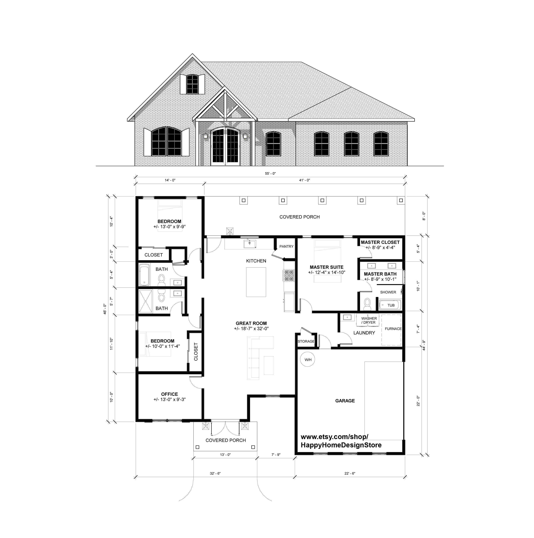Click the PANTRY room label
coord(286,246)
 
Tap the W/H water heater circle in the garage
coord(308,360)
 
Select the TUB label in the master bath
coord(391,305)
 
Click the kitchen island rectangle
coord(256,282)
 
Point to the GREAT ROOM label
coord(251,323)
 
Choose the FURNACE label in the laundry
coord(393,329)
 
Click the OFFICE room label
coord(169,394)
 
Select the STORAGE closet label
coord(306,341)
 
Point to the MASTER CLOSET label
coord(380,242)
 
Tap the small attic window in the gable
coord(192,84)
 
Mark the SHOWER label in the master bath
coord(388,292)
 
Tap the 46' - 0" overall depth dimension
coord(105,309)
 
